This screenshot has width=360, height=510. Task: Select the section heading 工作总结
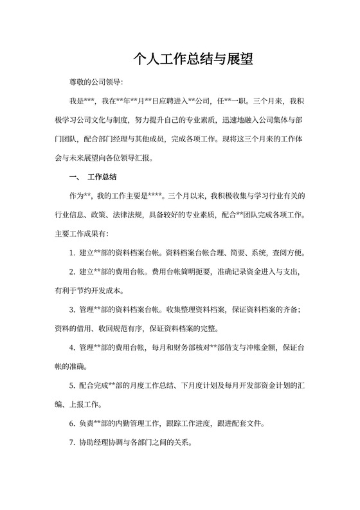pyautogui.click(x=102, y=176)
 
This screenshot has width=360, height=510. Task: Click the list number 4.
pyautogui.click(x=72, y=347)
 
